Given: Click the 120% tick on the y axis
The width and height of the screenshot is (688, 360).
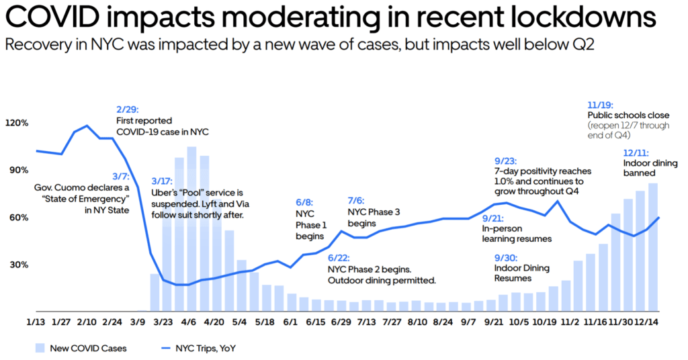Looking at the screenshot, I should (17, 123).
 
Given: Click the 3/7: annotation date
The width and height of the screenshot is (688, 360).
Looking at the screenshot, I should (120, 176).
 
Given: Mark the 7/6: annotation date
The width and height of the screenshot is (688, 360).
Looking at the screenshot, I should (357, 201).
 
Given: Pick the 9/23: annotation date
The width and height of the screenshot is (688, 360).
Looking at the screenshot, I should (506, 160).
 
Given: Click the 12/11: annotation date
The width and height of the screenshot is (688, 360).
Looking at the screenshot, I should (636, 152).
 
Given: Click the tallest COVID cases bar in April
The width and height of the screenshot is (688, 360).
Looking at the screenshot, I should (191, 228).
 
